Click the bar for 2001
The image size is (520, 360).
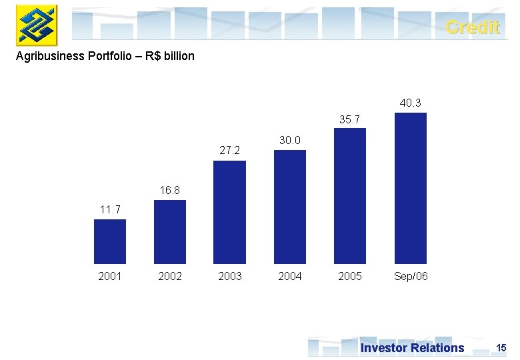110,241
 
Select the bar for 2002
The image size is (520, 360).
170,232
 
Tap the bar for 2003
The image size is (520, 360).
229,212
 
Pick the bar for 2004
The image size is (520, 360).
290,207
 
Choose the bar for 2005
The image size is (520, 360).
350,196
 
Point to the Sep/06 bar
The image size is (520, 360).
411,188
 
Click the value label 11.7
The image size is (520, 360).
110,210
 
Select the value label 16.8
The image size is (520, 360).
170,191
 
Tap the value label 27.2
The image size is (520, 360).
229,151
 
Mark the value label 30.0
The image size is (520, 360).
290,140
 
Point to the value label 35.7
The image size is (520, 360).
350,119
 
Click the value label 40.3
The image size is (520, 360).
411,103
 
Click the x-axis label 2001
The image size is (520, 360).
110,276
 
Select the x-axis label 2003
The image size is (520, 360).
229,276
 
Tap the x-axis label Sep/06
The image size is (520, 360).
411,276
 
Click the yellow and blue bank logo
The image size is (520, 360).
37,25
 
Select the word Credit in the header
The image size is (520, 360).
472,27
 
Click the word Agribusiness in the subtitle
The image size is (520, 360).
49,56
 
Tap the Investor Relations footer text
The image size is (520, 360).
412,347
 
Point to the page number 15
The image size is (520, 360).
501,347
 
